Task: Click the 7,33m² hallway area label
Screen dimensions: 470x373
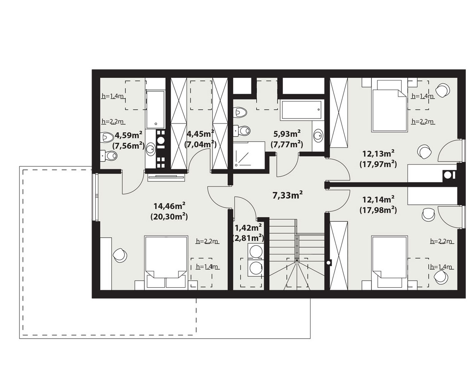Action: [x=287, y=195]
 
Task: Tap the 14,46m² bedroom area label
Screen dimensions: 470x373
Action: [x=169, y=211]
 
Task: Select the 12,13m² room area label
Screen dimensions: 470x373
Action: [x=378, y=159]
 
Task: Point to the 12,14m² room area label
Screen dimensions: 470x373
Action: [x=378, y=205]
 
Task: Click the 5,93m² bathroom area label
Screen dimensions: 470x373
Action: [x=287, y=139]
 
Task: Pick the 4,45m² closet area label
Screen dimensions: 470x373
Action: [x=201, y=139]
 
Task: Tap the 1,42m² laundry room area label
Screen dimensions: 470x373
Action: [x=248, y=233]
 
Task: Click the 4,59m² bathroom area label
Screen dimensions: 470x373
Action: [x=128, y=140]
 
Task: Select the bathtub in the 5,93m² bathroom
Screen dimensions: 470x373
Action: [x=301, y=111]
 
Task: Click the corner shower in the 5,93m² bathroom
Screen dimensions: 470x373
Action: [x=249, y=155]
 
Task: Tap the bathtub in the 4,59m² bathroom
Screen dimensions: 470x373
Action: [x=155, y=109]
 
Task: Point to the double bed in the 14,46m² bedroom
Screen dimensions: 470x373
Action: [x=166, y=263]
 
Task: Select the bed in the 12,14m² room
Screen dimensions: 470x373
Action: [x=390, y=263]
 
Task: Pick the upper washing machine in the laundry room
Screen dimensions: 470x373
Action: [x=255, y=251]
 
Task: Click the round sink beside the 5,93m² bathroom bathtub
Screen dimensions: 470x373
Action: [x=318, y=135]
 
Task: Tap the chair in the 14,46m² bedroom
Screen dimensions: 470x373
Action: [x=120, y=254]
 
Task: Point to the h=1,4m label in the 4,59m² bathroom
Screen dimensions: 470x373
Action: [x=113, y=96]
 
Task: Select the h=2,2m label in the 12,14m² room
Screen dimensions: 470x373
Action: [x=441, y=241]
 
